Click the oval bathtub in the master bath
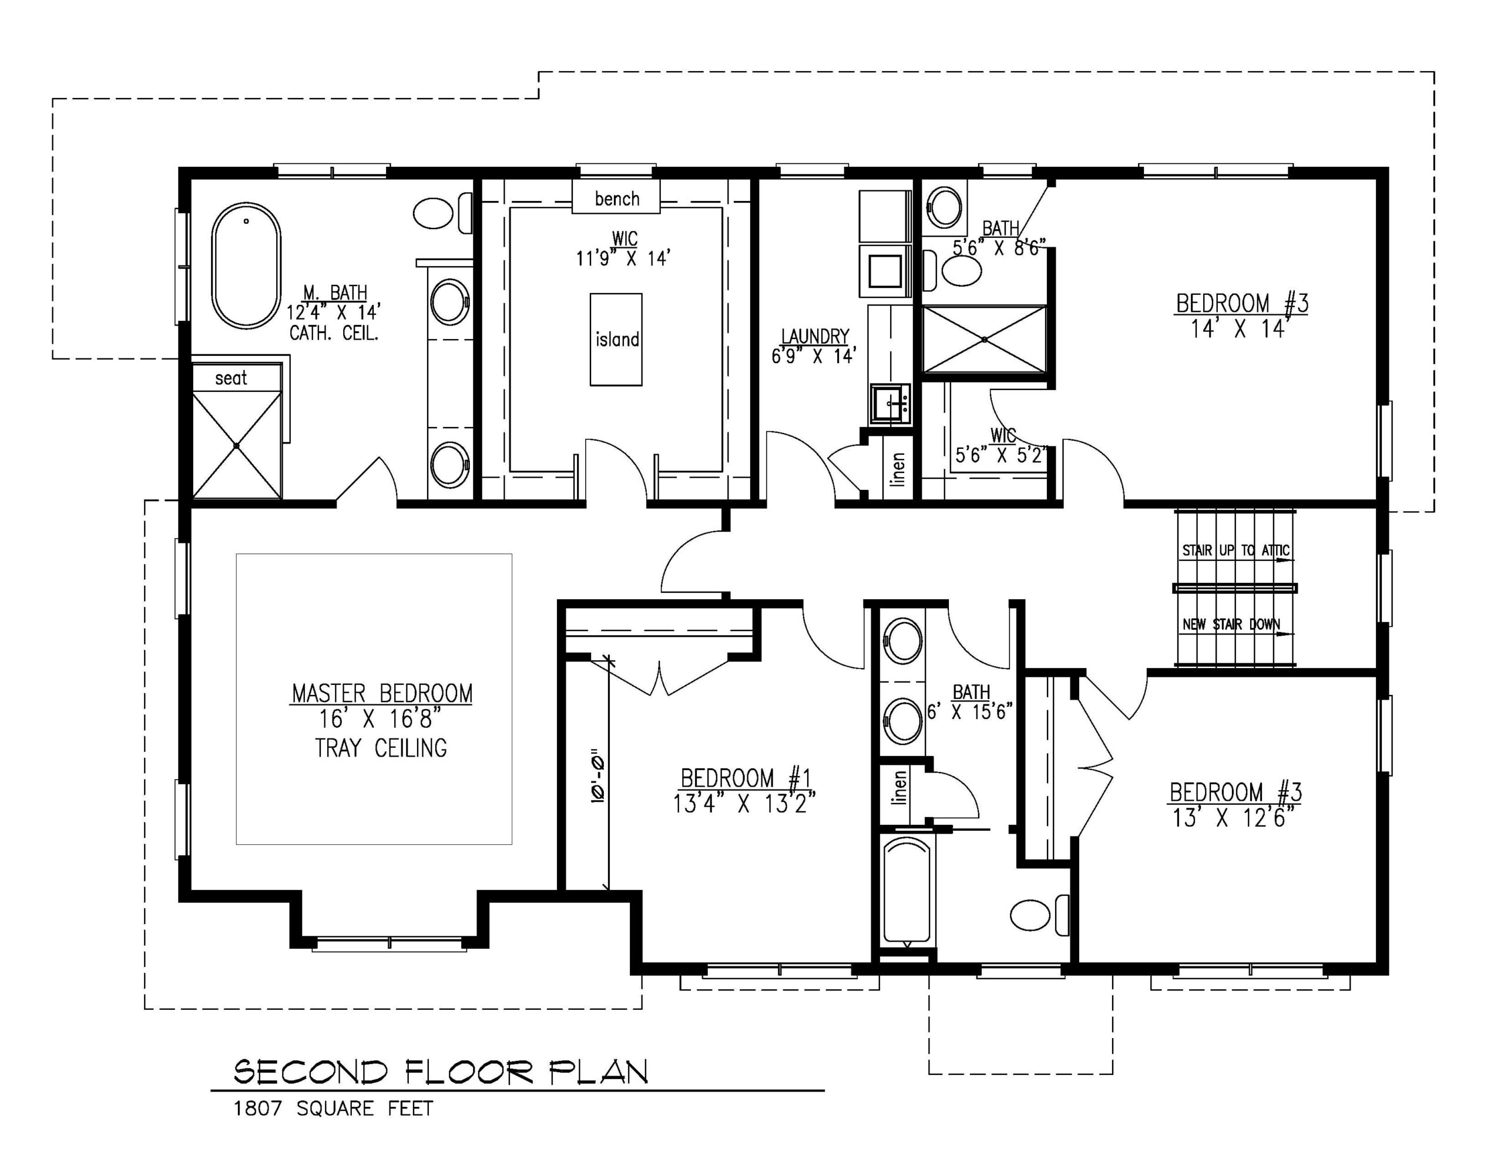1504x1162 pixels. (246, 265)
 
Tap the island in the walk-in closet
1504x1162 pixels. (616, 339)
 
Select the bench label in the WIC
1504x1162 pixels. (616, 199)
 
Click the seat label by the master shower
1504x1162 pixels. (231, 378)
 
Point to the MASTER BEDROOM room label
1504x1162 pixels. (382, 694)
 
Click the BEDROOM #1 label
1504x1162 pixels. (746, 778)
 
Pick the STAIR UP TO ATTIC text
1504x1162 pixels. (1236, 550)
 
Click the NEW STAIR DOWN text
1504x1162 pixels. (1231, 624)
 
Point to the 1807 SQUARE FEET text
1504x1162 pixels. (333, 1109)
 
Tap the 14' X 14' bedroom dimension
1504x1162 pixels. (1239, 329)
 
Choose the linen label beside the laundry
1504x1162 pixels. (897, 469)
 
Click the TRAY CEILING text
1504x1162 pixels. (381, 748)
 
